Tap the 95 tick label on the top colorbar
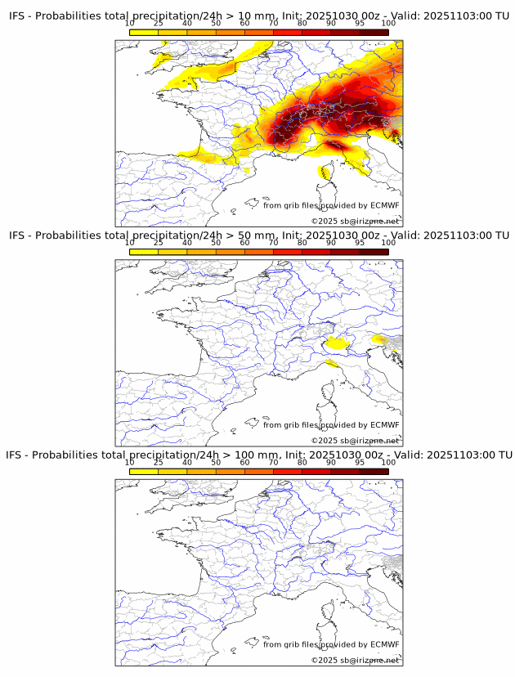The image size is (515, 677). pos(360,23)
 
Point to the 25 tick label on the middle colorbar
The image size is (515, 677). pos(159,243)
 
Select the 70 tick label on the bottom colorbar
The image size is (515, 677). pos(273,462)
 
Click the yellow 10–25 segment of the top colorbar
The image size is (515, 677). pos(144,33)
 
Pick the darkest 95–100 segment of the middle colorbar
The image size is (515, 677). pos(374,252)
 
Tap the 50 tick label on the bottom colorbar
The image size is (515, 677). pos(216,462)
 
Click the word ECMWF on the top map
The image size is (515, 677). pos(384,205)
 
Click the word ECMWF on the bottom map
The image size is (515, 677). pos(384,644)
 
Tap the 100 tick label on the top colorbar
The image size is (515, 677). pos(388,23)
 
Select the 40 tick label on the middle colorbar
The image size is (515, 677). pos(187,243)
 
